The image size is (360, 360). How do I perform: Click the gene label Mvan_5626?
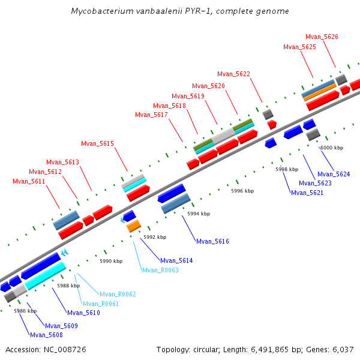point(322,37)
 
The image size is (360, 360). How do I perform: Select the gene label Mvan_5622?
point(233,74)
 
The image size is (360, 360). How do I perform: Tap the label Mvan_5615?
point(97,143)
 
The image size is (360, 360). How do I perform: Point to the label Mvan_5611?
point(29,181)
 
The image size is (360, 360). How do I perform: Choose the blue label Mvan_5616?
point(212,241)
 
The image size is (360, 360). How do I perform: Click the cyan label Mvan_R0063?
point(160,270)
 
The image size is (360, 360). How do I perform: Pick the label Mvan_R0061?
point(101,304)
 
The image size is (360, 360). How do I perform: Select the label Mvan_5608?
point(46,335)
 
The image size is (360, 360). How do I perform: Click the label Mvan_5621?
point(307,193)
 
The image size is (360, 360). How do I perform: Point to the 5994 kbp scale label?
point(199,214)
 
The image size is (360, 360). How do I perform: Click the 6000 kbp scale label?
point(332,148)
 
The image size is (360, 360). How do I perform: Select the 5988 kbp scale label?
point(68,286)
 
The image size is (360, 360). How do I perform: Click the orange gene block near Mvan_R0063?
point(133,226)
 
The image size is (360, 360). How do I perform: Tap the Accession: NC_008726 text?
point(46,349)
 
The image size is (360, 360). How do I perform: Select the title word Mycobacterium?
point(99,11)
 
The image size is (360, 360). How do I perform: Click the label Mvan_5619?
point(188,96)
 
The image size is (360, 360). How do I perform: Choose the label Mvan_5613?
point(62,162)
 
